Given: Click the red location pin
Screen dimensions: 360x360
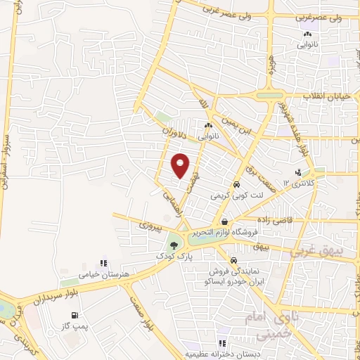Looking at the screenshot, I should point(181,165).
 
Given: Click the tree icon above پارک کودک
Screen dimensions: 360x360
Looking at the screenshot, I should point(173,245).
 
